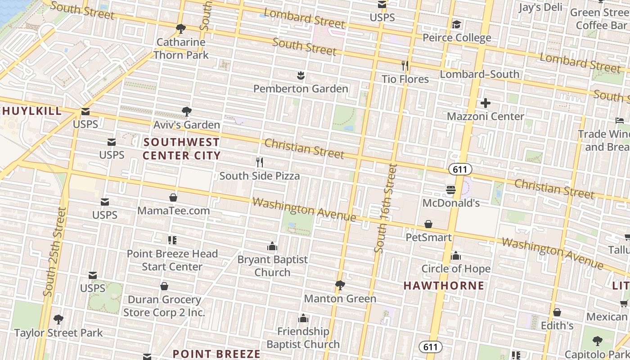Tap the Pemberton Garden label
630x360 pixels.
[301, 89]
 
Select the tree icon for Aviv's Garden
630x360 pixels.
[186, 112]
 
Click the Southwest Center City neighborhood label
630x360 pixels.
[182, 149]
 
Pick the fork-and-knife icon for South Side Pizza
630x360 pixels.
[259, 162]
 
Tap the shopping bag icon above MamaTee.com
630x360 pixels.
[173, 198]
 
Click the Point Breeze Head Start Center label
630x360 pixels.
[172, 260]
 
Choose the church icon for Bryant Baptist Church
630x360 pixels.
[272, 246]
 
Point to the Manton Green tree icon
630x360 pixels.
[340, 285]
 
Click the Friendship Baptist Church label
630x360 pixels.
[303, 337]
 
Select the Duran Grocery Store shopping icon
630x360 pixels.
[165, 286]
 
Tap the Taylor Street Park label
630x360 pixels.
[58, 333]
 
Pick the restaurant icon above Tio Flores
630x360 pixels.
[405, 66]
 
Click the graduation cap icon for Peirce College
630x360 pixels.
[457, 25]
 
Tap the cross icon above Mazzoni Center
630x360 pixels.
[485, 103]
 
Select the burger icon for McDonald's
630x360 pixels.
[451, 190]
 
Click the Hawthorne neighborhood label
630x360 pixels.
[444, 286]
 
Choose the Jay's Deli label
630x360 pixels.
[540, 7]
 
